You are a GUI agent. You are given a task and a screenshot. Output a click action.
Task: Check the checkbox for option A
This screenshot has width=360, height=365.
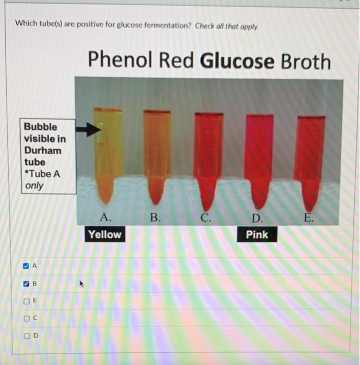pos(26,265)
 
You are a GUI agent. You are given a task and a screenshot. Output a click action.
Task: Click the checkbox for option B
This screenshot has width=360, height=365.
pos(26,284)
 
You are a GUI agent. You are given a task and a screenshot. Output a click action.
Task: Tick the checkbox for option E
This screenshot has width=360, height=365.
pos(26,301)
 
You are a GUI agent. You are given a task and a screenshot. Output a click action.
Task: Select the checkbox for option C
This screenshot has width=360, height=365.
pos(26,318)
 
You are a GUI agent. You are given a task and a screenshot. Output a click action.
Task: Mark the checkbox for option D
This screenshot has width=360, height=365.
pos(26,335)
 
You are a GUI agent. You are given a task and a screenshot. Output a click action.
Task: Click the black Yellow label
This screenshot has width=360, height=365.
pos(104,235)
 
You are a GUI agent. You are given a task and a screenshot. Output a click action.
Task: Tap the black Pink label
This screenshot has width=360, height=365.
pos(257,235)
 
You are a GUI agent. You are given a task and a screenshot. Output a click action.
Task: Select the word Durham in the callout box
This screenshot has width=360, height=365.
pos(42,150)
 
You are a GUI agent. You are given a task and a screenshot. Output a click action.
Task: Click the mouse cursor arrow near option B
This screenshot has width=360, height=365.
pos(81,284)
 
